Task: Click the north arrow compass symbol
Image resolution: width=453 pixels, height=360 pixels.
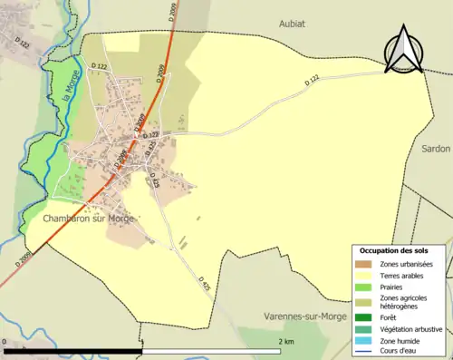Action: tap(406, 50)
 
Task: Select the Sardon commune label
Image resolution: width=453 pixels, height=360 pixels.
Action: tap(435, 147)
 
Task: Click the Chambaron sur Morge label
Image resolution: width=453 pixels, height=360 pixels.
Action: tap(88, 219)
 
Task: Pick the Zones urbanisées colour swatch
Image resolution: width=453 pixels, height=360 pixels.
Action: tap(368, 263)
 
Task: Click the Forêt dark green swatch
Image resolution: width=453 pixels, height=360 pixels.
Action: tap(368, 317)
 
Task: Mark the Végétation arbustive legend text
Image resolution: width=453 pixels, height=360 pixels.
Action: tap(412, 328)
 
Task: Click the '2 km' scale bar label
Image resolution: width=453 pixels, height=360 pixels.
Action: tap(285, 342)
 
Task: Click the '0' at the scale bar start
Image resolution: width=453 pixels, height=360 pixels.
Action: tap(5, 342)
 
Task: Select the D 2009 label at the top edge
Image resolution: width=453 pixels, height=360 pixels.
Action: tap(169, 14)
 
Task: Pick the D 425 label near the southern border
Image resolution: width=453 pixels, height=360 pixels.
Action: tap(204, 286)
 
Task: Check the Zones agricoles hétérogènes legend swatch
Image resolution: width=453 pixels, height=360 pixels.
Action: tap(368, 301)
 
